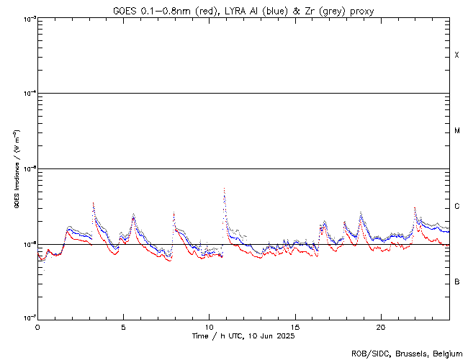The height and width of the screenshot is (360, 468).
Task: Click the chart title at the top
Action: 243,10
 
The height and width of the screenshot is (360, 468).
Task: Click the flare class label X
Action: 456,55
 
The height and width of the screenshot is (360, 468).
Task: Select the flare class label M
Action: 456,131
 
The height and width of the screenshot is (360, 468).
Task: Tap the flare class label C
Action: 456,207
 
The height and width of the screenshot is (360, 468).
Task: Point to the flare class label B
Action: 456,282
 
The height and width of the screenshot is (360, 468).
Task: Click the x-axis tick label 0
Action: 37,327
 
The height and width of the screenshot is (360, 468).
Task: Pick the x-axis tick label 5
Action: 123,327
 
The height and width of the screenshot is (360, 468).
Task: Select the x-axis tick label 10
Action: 210,327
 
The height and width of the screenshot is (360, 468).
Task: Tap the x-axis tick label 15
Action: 295,327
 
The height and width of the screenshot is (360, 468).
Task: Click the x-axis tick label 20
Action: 381,327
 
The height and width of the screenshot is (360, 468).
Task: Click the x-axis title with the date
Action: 243,336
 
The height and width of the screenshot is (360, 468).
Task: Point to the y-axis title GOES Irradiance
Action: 16,170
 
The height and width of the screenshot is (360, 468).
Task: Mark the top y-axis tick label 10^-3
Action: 27,18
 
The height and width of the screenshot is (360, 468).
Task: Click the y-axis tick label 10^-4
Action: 27,93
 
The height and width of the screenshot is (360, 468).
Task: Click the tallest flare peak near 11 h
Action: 224,189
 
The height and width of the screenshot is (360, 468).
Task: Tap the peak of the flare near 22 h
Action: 415,208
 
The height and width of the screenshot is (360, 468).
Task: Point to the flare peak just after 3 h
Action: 93,203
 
